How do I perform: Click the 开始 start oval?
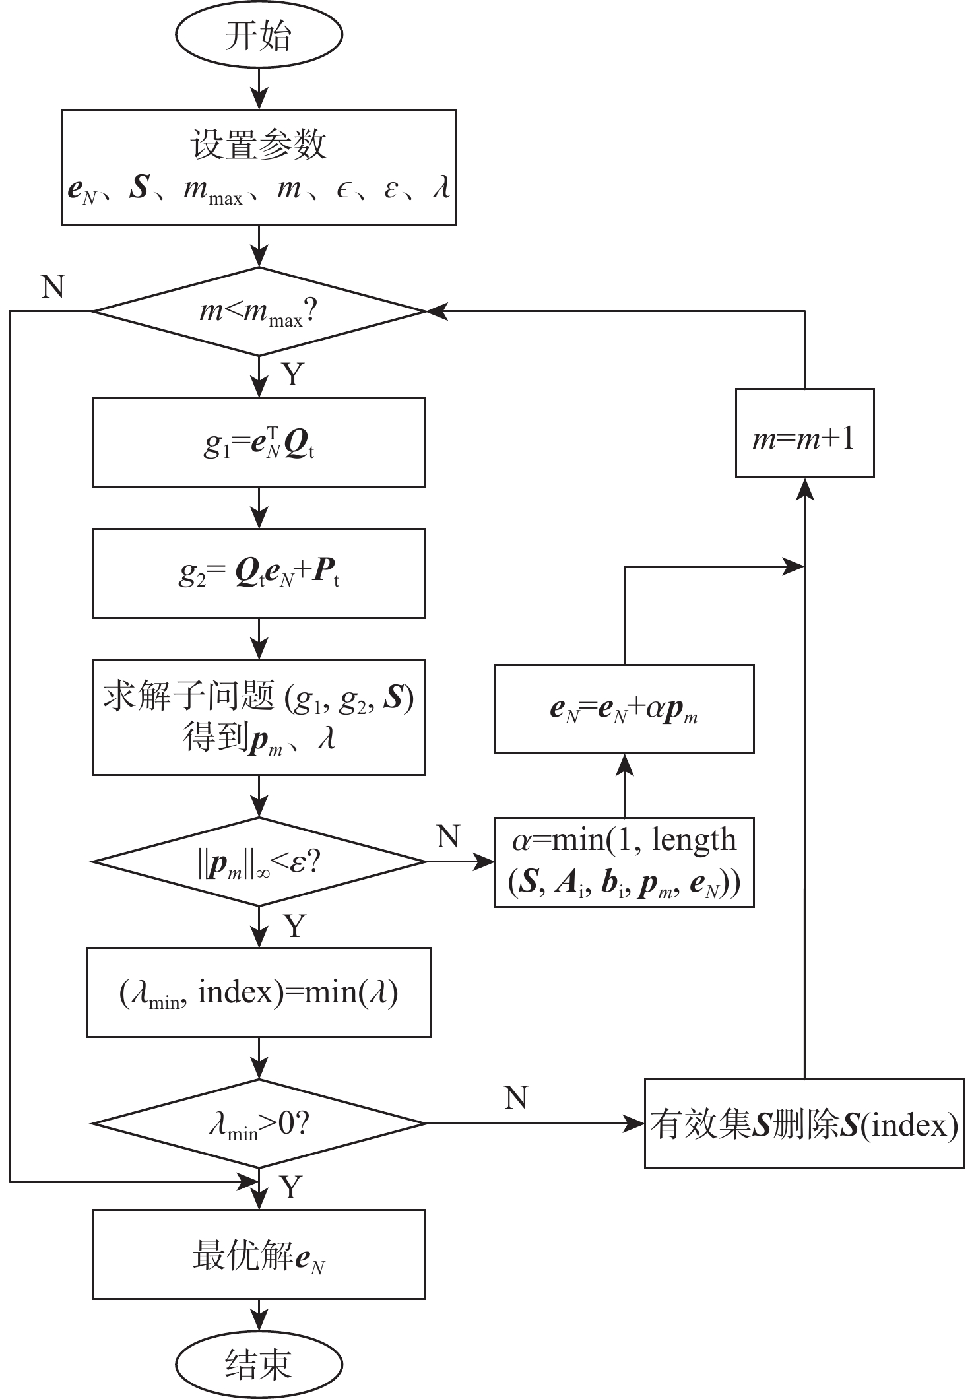pyautogui.click(x=259, y=36)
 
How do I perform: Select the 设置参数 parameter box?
pyautogui.click(x=259, y=167)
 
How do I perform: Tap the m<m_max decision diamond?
pyautogui.click(x=259, y=311)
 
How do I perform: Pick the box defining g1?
pyautogui.click(x=259, y=442)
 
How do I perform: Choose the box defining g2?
pyautogui.click(x=259, y=573)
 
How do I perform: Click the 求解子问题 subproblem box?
pyautogui.click(x=259, y=717)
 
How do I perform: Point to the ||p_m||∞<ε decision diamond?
pyautogui.click(x=259, y=862)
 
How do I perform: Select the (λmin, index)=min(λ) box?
pyautogui.click(x=259, y=992)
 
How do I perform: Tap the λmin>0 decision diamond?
pyautogui.click(x=259, y=1123)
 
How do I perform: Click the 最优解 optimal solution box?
pyautogui.click(x=259, y=1254)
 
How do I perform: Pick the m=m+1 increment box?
pyautogui.click(x=804, y=434)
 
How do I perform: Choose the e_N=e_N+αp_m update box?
pyautogui.click(x=624, y=709)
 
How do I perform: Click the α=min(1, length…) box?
pyautogui.click(x=624, y=862)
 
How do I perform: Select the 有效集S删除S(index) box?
pyautogui.click(x=804, y=1123)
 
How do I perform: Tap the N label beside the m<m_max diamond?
pyautogui.click(x=53, y=287)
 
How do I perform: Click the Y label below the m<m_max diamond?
pyautogui.click(x=293, y=375)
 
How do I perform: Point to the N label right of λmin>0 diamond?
pyautogui.click(x=516, y=1099)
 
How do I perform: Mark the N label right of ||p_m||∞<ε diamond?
pyautogui.click(x=448, y=837)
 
